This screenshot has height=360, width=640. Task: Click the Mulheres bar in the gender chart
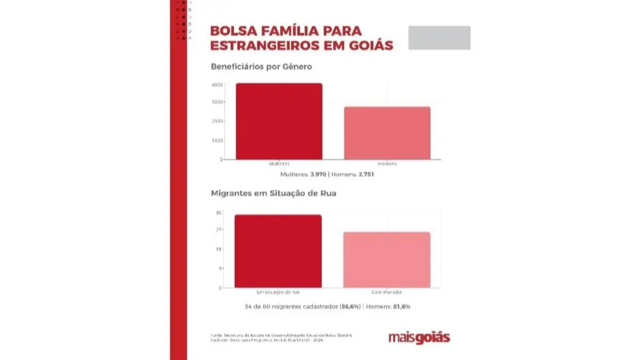point(279,121)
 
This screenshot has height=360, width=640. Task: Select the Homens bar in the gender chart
point(387,133)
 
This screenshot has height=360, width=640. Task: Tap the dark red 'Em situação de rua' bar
point(278,251)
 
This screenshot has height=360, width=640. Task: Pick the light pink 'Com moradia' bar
point(387,260)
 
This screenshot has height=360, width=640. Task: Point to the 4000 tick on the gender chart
point(217,84)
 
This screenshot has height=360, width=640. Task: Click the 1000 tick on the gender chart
point(217,141)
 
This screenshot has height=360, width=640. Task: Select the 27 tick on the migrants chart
point(218,230)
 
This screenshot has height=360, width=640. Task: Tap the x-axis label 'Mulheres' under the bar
point(279,164)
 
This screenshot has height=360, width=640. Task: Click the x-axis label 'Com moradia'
point(387,292)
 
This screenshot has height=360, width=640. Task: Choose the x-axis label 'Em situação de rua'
point(278,292)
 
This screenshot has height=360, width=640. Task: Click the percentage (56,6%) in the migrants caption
point(350,307)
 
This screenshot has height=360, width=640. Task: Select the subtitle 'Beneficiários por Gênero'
point(261,67)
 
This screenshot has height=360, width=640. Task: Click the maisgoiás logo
point(419,338)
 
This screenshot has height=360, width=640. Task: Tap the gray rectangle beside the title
point(439,37)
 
